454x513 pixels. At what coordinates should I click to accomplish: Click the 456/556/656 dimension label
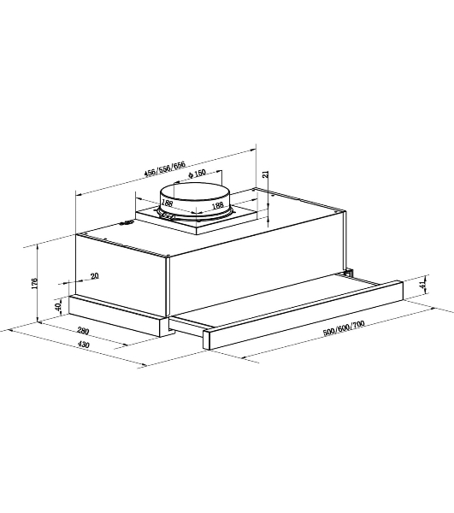click(165, 168)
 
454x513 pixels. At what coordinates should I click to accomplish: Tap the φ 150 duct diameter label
click(197, 173)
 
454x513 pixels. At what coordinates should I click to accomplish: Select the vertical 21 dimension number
click(266, 174)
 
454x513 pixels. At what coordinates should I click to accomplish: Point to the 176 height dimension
click(35, 283)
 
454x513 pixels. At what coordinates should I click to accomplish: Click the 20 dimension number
click(94, 276)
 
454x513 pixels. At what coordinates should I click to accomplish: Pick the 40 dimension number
click(58, 307)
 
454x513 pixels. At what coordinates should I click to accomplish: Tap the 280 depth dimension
click(83, 331)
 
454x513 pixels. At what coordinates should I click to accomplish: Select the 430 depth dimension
click(84, 345)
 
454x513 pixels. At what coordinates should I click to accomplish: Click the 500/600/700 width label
click(344, 328)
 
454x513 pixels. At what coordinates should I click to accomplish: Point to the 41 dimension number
click(423, 285)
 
